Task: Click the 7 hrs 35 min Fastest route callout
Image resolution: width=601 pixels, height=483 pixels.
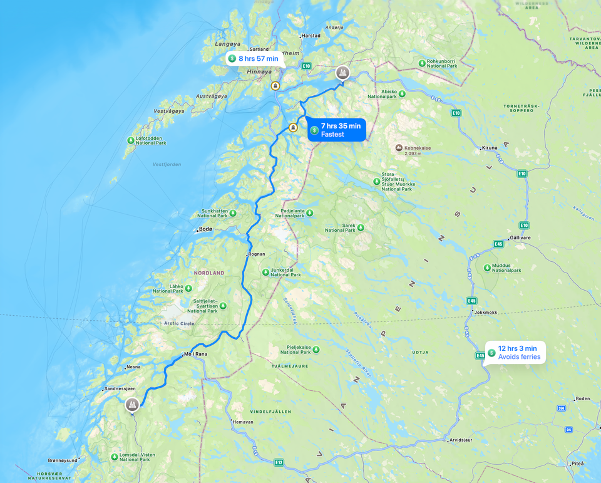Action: (336, 130)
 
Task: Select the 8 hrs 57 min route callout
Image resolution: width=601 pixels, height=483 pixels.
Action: (253, 59)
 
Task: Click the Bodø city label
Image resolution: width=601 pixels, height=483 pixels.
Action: (206, 229)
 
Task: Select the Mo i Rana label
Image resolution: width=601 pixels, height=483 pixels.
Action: (195, 354)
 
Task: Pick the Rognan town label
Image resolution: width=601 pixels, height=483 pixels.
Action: (257, 254)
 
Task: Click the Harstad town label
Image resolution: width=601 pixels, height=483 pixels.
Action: (311, 36)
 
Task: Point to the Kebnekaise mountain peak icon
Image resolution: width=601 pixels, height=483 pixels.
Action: (399, 148)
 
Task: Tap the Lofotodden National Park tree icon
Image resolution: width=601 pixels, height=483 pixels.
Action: (131, 140)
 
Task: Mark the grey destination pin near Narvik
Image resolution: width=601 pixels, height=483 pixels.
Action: (342, 73)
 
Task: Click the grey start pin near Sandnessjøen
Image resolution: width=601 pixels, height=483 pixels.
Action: (132, 405)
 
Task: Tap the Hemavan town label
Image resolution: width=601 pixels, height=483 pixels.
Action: (242, 422)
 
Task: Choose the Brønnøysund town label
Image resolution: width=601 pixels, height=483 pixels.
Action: (63, 460)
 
